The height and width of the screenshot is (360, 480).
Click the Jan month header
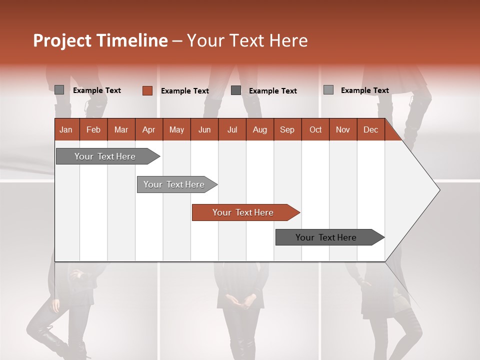point(66,130)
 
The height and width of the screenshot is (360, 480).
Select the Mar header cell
point(121,130)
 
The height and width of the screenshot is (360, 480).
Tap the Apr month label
point(148,130)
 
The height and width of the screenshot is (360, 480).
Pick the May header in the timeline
point(176,130)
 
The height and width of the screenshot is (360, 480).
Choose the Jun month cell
point(204,130)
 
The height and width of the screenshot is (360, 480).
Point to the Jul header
point(232,130)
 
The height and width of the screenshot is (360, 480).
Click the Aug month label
point(260,130)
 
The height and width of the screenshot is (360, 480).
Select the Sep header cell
point(287,130)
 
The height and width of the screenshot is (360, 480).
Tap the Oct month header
point(315,130)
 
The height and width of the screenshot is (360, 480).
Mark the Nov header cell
point(343,130)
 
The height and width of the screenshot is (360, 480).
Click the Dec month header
point(370,130)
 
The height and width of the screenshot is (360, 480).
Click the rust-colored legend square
point(147,90)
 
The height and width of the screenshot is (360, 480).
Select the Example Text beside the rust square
point(185,91)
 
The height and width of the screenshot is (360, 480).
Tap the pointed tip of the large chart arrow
point(438,189)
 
